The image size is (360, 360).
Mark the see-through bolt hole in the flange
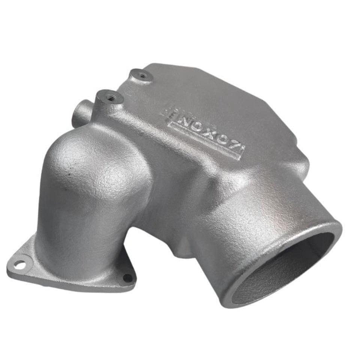(x=21, y=265)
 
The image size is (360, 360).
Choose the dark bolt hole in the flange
(x=128, y=278)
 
